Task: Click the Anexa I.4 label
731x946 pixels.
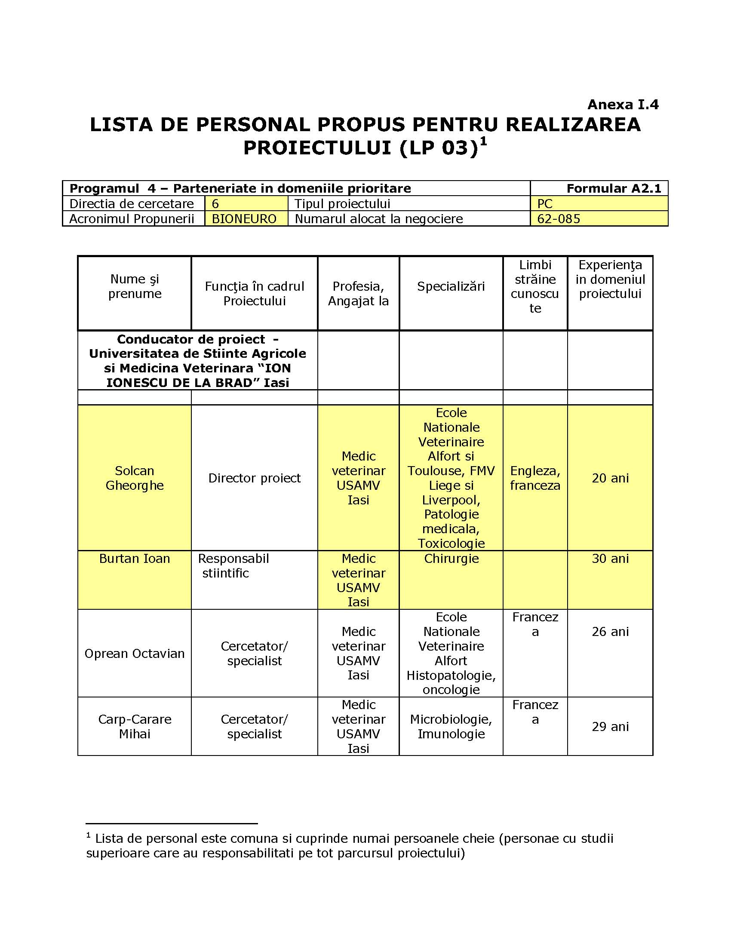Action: (x=623, y=104)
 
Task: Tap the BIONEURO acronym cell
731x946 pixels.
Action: (x=244, y=219)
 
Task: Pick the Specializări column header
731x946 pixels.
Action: (x=451, y=286)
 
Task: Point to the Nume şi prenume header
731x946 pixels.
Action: (x=135, y=286)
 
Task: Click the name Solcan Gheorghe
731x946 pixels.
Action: (x=135, y=478)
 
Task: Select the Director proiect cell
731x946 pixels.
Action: (x=254, y=478)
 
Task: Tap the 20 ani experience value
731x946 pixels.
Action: (x=610, y=478)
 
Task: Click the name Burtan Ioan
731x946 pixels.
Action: (x=135, y=559)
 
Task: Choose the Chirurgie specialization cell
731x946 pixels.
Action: (x=451, y=559)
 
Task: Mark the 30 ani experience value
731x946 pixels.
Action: (x=610, y=559)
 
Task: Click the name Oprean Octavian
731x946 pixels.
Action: (x=135, y=654)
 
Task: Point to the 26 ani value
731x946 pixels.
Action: (x=610, y=632)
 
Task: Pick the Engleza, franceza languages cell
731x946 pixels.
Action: (x=535, y=478)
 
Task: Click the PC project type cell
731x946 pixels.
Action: (x=545, y=203)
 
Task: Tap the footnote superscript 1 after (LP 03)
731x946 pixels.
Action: (x=483, y=141)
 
